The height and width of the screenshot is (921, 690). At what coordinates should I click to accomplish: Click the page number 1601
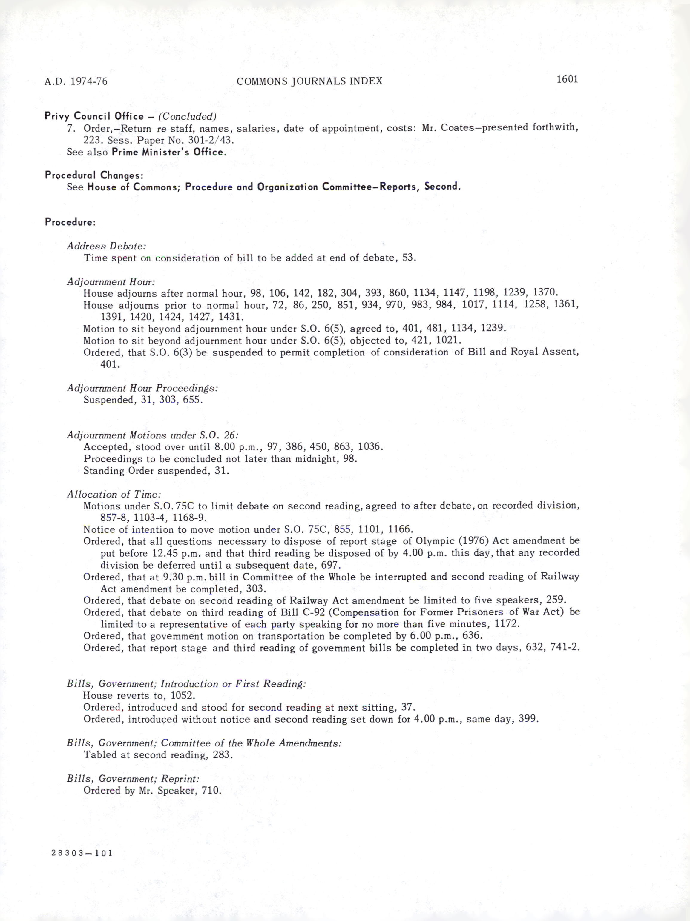[567, 79]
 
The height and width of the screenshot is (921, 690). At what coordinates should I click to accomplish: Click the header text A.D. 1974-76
[76, 81]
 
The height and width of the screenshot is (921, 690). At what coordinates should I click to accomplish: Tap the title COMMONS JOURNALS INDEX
[309, 81]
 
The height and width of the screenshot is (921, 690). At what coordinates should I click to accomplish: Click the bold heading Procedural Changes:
[94, 175]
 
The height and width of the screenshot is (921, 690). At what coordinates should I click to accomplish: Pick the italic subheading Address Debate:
[106, 246]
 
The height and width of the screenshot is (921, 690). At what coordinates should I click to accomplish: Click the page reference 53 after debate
[409, 258]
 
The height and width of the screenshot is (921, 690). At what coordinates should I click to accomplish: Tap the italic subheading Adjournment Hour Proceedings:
[142, 388]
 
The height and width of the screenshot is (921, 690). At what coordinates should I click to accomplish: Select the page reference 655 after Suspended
[192, 400]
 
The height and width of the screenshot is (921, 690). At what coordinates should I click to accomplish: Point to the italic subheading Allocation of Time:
[113, 494]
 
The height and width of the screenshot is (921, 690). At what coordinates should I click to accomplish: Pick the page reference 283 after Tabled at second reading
[223, 755]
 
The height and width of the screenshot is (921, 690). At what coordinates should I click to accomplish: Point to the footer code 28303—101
[82, 853]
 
